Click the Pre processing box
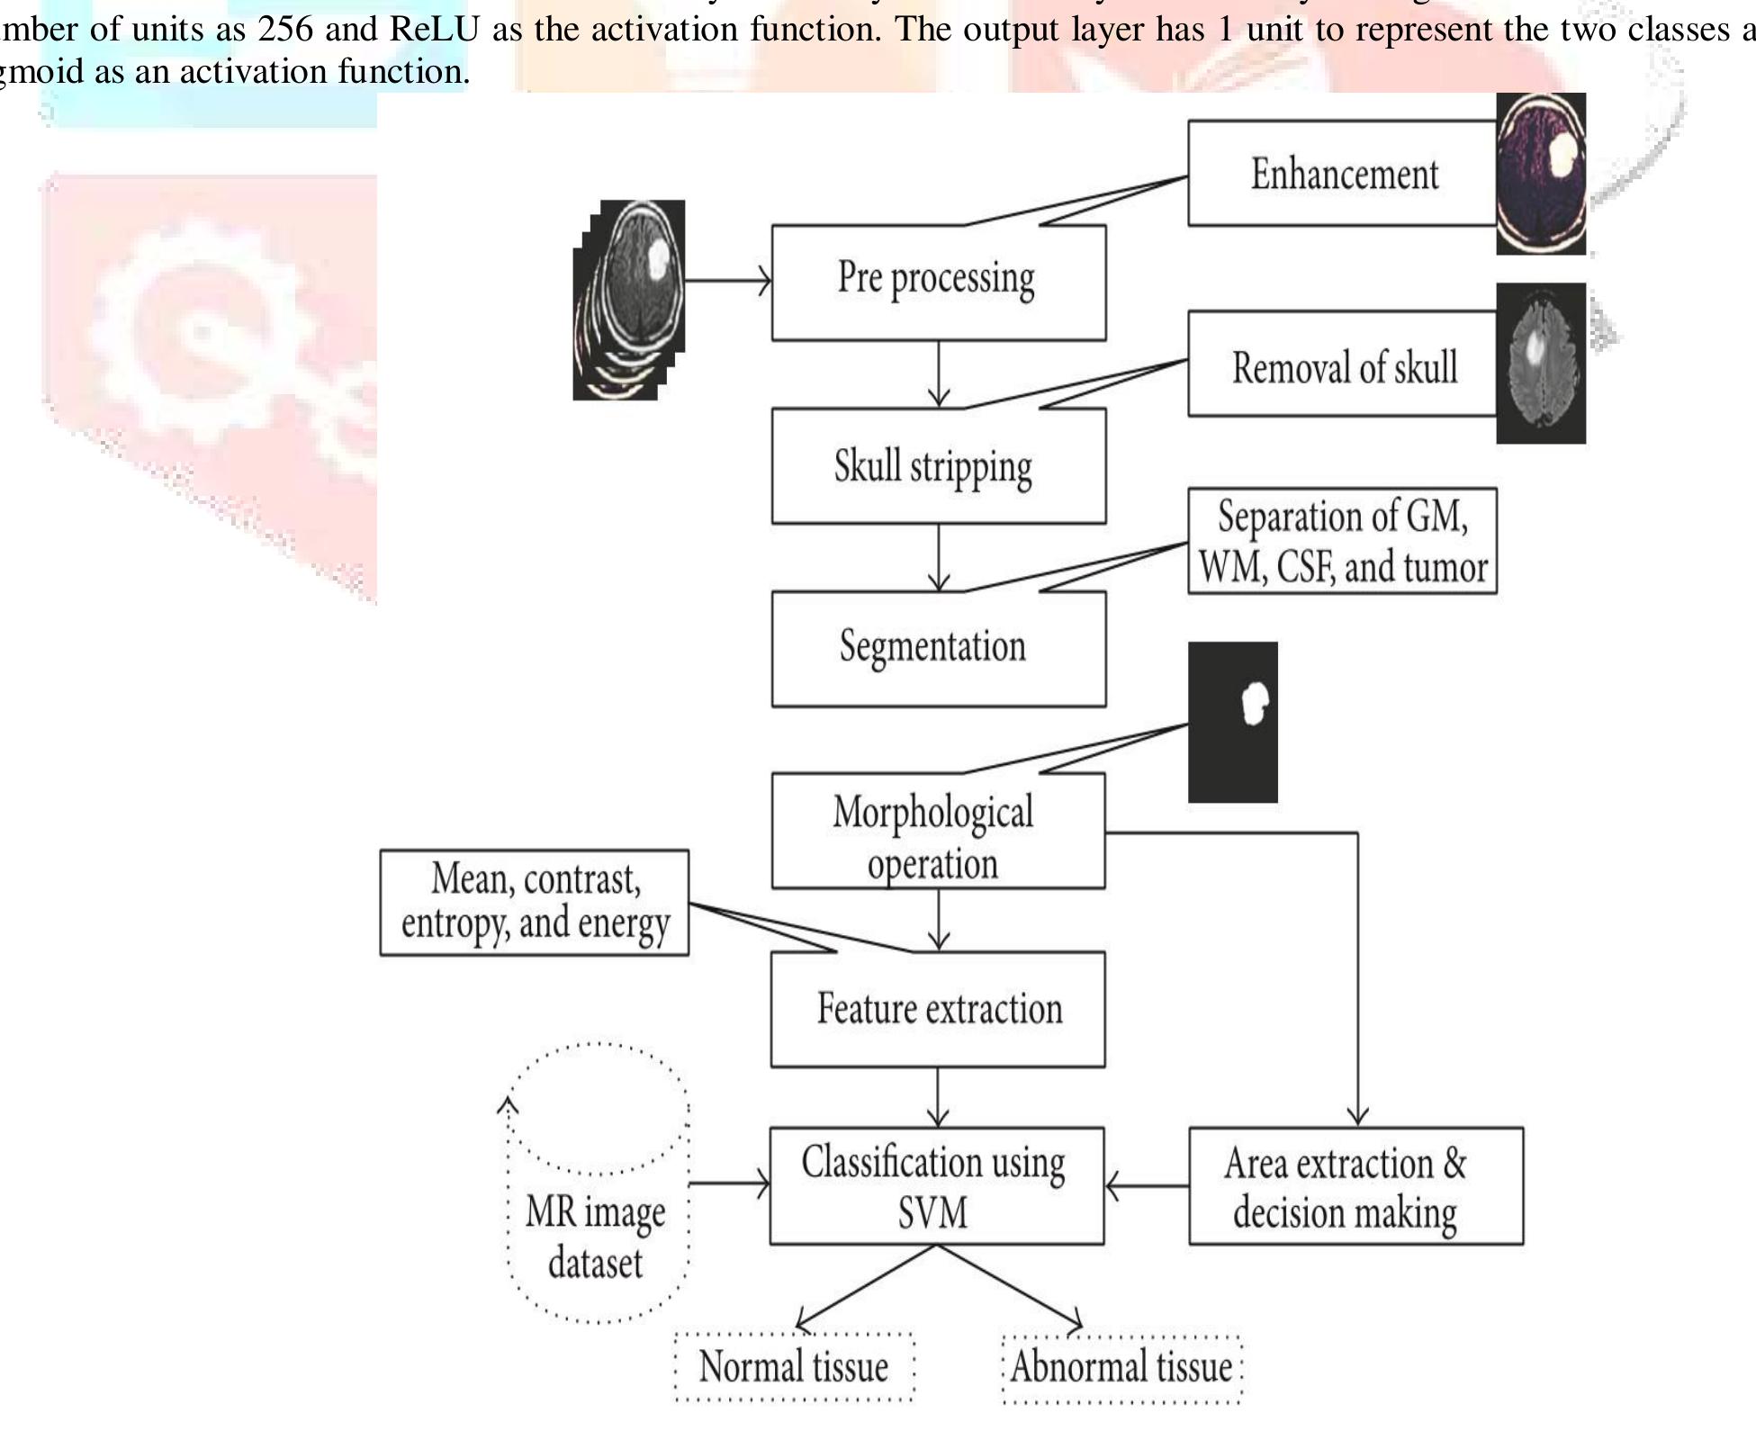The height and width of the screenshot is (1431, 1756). (938, 282)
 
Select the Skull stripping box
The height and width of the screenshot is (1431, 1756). (938, 465)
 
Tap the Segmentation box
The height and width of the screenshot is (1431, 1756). (938, 648)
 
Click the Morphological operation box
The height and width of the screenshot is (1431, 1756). (938, 832)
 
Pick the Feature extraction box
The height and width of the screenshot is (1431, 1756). (938, 1009)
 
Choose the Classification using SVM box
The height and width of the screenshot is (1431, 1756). (936, 1185)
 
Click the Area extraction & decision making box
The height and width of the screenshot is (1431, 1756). (1355, 1185)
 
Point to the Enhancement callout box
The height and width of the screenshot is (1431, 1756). (1343, 173)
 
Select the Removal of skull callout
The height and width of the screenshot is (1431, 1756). (1343, 364)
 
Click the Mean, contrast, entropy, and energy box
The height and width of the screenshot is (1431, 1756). (535, 902)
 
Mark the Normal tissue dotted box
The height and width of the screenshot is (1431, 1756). (794, 1366)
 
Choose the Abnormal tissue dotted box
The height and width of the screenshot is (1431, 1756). (1121, 1367)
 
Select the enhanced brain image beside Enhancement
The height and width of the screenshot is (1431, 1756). (1541, 173)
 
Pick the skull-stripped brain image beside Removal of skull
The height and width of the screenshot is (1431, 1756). (1541, 363)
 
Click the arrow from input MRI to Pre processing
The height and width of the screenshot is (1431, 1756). (727, 281)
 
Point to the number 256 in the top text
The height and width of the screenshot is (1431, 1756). (283, 29)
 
